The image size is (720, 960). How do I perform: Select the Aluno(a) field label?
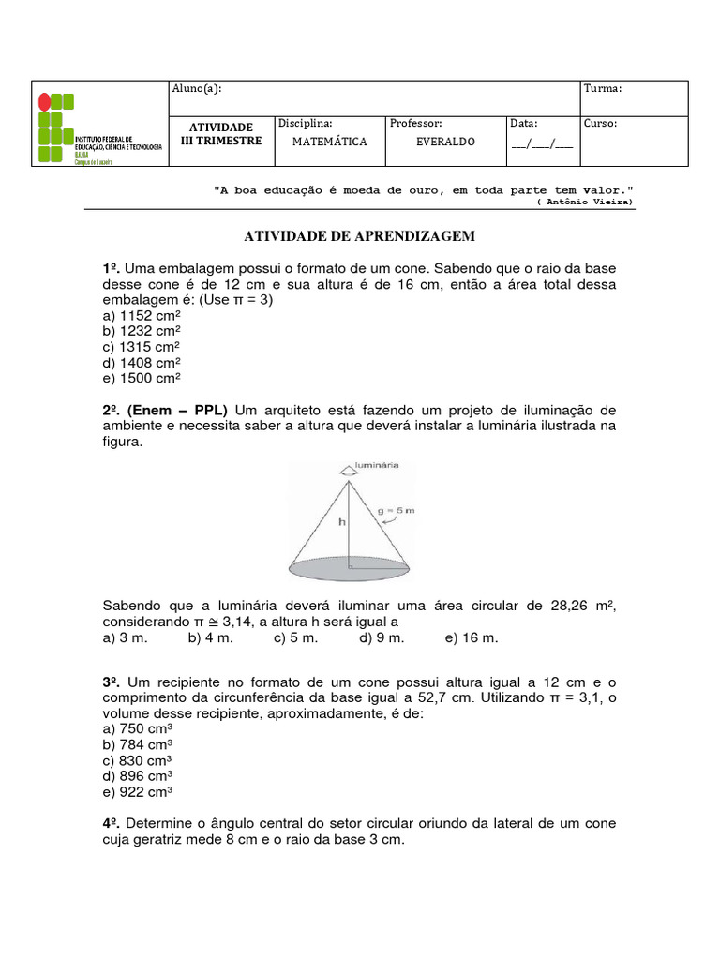pos(196,89)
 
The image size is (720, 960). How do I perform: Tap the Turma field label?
pos(603,89)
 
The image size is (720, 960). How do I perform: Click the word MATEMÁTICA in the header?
pos(329,142)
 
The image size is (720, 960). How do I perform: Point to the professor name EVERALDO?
pos(445,142)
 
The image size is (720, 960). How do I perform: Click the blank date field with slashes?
pos(542,143)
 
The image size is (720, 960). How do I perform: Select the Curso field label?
pos(600,123)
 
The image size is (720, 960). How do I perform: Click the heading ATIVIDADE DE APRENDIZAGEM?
pos(360,236)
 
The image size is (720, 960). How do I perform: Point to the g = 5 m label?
pos(397,511)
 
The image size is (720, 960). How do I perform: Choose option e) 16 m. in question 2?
pos(472,637)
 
